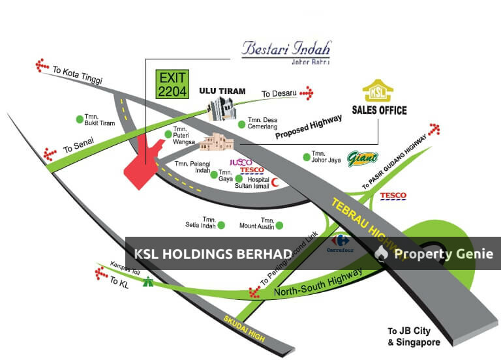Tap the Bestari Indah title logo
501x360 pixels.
(x=286, y=50)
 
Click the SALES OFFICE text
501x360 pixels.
(x=379, y=110)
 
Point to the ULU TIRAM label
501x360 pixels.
(x=222, y=91)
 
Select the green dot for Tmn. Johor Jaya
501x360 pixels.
(x=307, y=156)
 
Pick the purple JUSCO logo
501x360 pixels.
(x=241, y=162)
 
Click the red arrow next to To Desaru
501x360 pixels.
(x=306, y=94)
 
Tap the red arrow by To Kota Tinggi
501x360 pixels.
(x=43, y=66)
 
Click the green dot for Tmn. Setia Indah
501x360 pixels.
(x=221, y=226)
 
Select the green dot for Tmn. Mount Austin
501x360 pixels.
(x=279, y=226)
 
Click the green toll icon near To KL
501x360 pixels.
(x=150, y=282)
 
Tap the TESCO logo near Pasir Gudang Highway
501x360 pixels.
(x=393, y=196)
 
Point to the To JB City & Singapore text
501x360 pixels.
(x=414, y=337)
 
